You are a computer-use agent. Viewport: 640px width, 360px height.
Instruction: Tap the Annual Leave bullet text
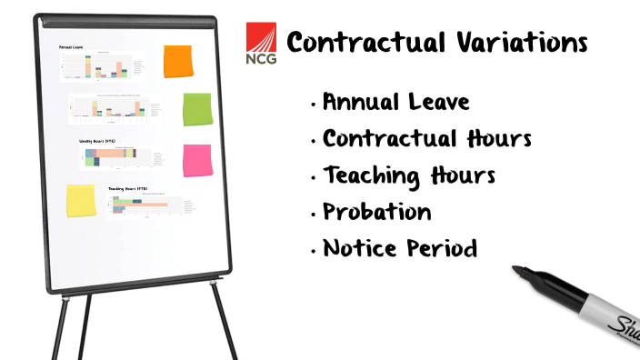396,102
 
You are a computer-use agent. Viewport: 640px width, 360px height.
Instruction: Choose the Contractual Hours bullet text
427,139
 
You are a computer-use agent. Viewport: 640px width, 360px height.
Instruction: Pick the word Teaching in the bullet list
371,175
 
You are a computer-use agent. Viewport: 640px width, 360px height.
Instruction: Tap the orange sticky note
178,61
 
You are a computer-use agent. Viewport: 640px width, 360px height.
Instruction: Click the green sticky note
197,110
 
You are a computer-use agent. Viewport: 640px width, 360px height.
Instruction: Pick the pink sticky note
197,161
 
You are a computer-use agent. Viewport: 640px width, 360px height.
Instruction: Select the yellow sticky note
81,201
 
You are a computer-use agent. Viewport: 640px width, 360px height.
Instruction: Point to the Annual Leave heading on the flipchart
71,46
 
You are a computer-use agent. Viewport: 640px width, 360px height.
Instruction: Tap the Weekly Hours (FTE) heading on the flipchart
97,142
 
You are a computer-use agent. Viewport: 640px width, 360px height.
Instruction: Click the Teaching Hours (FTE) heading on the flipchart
127,189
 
